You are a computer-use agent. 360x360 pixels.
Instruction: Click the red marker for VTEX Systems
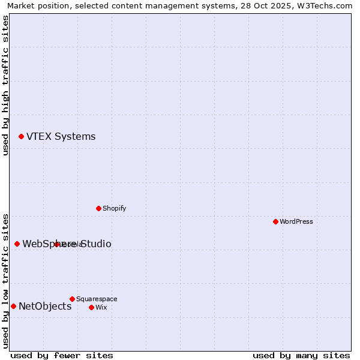pos(21,137)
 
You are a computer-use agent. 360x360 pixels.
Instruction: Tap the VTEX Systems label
pos(61,137)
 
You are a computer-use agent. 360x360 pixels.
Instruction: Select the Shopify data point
pos(98,208)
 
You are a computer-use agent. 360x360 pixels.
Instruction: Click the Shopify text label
pos(114,209)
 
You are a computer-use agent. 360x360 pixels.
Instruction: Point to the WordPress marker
pos(275,221)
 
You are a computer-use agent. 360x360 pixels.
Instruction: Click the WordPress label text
pos(296,222)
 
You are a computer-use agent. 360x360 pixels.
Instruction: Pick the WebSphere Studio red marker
pos(17,244)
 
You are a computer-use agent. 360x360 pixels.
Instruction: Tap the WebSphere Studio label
pos(67,244)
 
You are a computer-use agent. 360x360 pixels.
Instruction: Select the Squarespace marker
pos(72,299)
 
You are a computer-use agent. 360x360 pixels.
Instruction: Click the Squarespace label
pos(97,299)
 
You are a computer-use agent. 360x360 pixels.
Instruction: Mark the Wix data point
pos(91,307)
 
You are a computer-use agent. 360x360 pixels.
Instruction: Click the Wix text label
pos(101,308)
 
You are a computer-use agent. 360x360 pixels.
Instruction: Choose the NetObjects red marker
pos(13,306)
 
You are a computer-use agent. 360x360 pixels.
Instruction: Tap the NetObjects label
pos(45,307)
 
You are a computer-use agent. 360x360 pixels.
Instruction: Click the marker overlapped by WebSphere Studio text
pos(56,244)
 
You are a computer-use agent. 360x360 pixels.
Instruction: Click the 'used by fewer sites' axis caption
pos(62,355)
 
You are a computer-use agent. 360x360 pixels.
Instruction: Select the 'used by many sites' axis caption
pos(301,355)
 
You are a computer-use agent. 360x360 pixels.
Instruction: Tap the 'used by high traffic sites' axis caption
pos(6,85)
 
